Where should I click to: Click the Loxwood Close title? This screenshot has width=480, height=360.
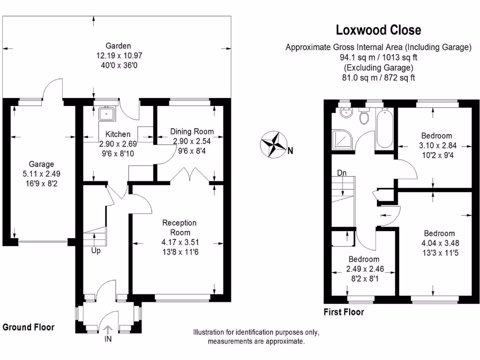pyautogui.click(x=378, y=30)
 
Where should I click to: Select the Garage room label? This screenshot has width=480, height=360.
pyautogui.click(x=41, y=164)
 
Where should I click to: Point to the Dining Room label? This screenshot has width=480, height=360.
pyautogui.click(x=192, y=132)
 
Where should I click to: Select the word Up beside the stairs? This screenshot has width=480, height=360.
pyautogui.click(x=96, y=250)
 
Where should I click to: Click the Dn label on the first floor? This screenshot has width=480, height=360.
pyautogui.click(x=342, y=173)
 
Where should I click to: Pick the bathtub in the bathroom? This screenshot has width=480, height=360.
pyautogui.click(x=386, y=129)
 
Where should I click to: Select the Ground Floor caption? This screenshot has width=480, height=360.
pyautogui.click(x=29, y=327)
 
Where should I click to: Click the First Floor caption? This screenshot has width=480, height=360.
pyautogui.click(x=344, y=312)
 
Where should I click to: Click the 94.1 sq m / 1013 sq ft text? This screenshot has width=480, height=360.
pyautogui.click(x=378, y=58)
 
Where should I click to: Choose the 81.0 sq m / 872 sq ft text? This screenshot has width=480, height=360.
pyautogui.click(x=378, y=78)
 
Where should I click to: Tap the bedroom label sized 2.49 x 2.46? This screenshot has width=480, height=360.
pyautogui.click(x=364, y=259)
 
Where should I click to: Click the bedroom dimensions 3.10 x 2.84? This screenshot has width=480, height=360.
pyautogui.click(x=435, y=145)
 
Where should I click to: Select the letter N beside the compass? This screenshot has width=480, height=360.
pyautogui.click(x=291, y=151)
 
